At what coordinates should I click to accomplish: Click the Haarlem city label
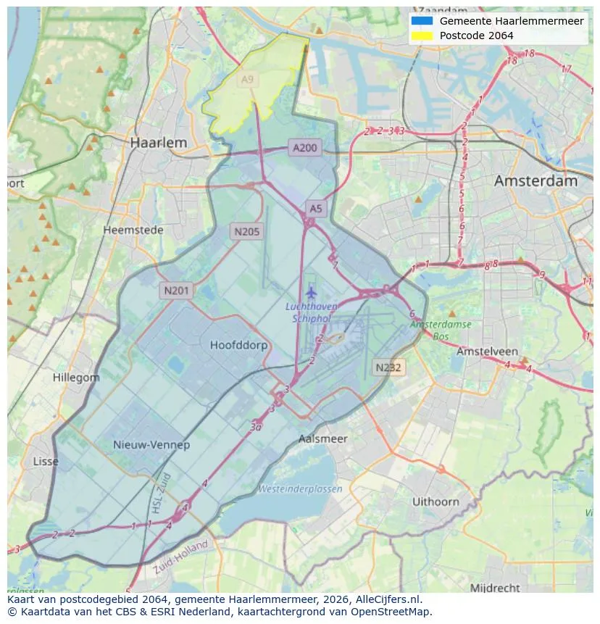(x=158, y=143)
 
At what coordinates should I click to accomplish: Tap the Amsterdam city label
(x=536, y=181)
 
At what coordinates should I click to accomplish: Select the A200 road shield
(x=304, y=148)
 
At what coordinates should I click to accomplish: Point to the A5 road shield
(x=316, y=209)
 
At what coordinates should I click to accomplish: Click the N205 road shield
(x=246, y=232)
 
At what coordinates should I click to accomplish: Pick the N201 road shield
(x=176, y=291)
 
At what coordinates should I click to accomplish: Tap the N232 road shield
(x=388, y=367)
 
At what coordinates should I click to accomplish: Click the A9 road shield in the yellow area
(x=248, y=80)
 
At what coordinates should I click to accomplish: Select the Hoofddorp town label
(x=238, y=345)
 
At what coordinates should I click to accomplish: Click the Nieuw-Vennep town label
(x=151, y=444)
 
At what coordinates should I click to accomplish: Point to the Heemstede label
(x=133, y=230)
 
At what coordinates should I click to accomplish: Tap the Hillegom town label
(x=76, y=378)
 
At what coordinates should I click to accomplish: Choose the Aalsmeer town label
(x=323, y=438)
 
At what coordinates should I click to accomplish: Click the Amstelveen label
(x=486, y=351)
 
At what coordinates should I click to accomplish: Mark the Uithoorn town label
(x=436, y=502)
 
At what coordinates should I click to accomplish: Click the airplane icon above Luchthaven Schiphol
(x=312, y=292)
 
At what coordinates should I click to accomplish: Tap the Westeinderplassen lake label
(x=300, y=489)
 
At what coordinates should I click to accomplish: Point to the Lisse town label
(x=46, y=462)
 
